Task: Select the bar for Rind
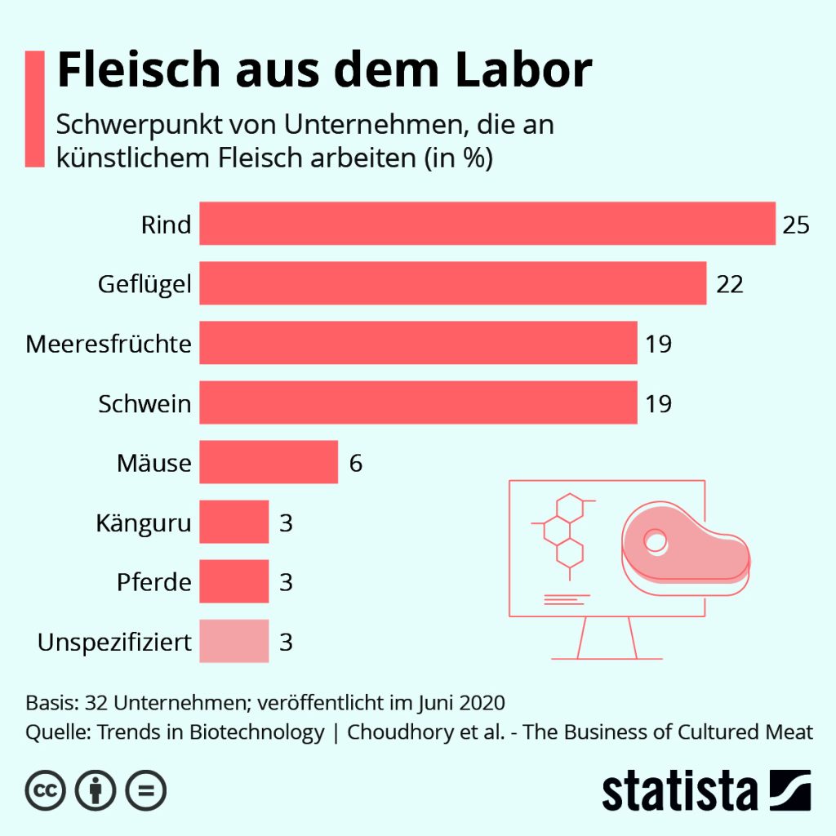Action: pos(487,224)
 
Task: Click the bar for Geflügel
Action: pos(453,283)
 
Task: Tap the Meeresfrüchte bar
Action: pos(418,343)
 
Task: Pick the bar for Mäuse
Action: pos(269,462)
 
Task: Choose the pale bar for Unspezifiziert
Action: pos(234,641)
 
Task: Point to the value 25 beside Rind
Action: pos(796,225)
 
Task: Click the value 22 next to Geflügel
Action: pos(730,284)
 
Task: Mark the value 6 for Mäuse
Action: pos(356,463)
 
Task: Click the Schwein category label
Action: pos(145,403)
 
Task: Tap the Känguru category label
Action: pos(143,523)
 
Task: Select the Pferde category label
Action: pos(153,582)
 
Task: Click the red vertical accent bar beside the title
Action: pos(35,109)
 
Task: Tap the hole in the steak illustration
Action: pos(655,540)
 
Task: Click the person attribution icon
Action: pos(96,789)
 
